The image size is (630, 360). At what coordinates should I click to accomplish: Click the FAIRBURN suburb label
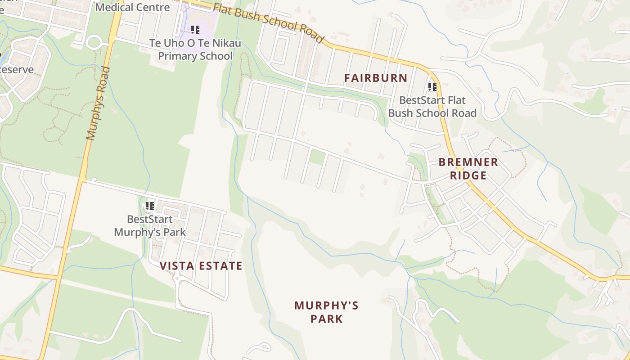(376, 78)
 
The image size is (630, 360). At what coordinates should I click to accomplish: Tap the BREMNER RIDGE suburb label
(468, 169)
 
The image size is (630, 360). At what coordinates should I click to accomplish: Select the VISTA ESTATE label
(201, 266)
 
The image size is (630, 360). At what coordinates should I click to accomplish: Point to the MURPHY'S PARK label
(326, 312)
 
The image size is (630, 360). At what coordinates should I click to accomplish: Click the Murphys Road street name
(99, 103)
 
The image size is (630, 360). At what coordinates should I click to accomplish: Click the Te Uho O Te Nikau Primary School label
(195, 49)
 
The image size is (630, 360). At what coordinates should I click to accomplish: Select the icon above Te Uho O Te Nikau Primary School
(195, 30)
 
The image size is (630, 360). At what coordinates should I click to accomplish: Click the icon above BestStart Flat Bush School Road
(432, 87)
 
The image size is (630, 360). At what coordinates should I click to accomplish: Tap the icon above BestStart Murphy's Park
(149, 206)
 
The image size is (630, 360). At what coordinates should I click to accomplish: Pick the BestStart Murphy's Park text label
(150, 226)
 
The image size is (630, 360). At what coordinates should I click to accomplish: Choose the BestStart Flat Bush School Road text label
(432, 107)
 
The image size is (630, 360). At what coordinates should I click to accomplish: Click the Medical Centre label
(133, 7)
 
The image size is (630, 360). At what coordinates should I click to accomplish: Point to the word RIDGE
(468, 175)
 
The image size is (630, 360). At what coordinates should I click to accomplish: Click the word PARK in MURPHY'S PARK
(326, 319)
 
